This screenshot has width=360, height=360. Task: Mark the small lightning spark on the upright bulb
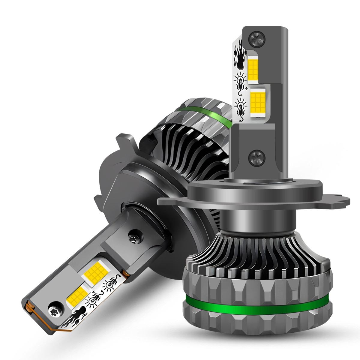pyautogui.click(x=246, y=89)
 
